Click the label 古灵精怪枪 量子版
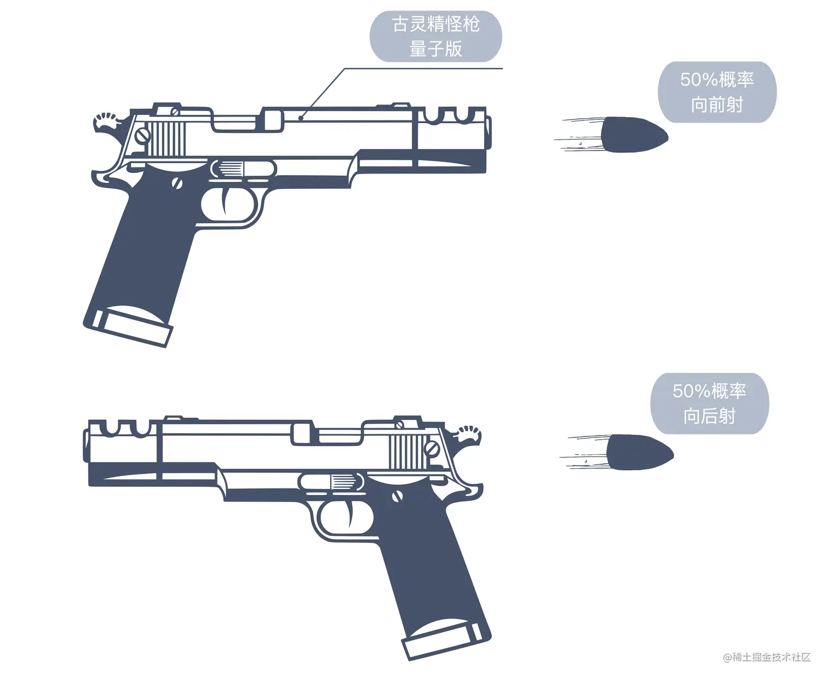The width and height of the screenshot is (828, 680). click(x=435, y=36)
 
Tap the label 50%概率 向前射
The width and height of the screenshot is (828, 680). click(x=717, y=92)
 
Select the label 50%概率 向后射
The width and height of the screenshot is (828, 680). click(x=709, y=403)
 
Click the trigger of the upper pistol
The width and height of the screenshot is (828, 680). click(x=226, y=200)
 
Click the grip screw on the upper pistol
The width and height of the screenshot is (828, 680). click(x=177, y=183)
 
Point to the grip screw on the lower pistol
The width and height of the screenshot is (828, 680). click(x=398, y=496)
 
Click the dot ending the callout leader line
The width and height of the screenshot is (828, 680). click(x=300, y=118)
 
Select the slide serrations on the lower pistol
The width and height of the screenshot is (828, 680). click(x=409, y=452)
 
